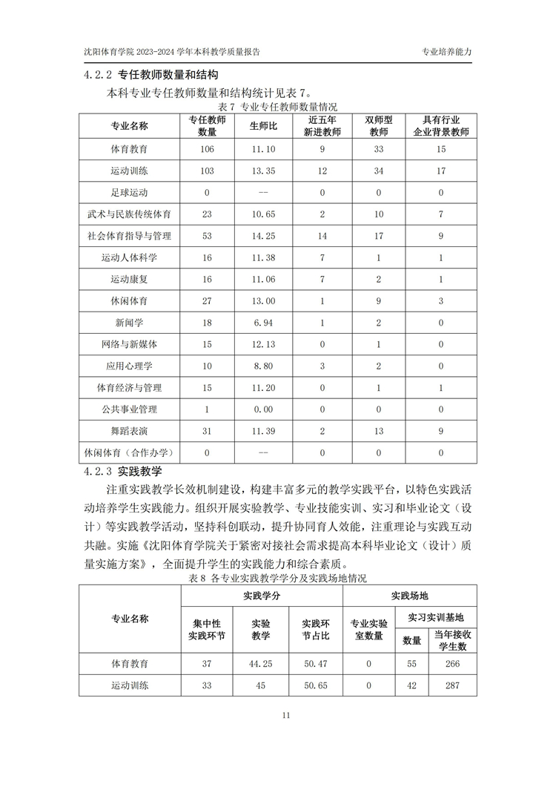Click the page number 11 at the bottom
tap(286, 715)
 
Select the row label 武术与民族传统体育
tap(129, 214)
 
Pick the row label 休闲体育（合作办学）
tap(129, 452)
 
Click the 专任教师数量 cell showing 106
tap(207, 149)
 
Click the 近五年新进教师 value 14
tap(322, 236)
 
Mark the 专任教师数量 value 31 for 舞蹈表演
tap(207, 431)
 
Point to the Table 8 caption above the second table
tap(278, 578)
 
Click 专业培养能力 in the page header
tap(446, 53)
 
